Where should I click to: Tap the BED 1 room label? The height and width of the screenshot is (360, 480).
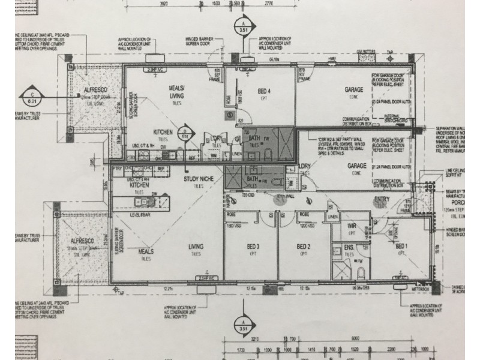tap(400, 247)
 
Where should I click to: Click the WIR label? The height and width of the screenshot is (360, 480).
tap(352, 227)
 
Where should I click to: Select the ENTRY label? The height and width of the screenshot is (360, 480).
tap(381, 199)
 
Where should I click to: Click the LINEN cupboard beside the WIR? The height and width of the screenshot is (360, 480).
tap(332, 217)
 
